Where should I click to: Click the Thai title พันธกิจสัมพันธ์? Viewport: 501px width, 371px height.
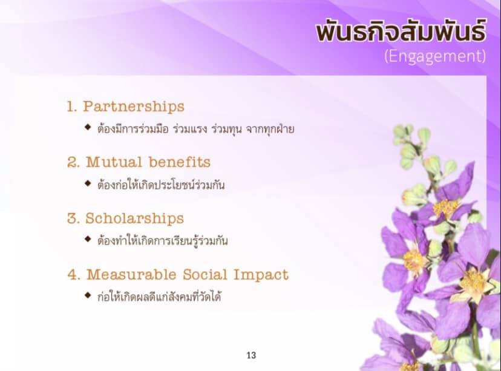(401, 30)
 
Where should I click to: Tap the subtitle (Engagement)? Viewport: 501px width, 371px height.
(435, 56)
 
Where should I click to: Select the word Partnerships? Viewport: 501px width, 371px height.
(134, 107)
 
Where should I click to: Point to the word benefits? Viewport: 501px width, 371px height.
(180, 162)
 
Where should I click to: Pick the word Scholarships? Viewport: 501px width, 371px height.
(134, 218)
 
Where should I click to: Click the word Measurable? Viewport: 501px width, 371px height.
(131, 275)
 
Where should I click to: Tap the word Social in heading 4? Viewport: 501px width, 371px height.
(205, 275)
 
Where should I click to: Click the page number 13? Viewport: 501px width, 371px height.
(251, 355)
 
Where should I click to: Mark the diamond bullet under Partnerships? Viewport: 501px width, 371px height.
(88, 127)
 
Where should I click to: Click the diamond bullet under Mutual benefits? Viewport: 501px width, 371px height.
(88, 183)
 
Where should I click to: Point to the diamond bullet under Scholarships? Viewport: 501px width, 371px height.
(88, 239)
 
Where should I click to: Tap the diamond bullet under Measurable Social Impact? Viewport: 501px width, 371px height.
(88, 295)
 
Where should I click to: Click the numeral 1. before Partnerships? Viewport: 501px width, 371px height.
(71, 107)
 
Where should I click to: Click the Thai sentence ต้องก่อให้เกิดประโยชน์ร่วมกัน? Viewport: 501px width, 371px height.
(161, 185)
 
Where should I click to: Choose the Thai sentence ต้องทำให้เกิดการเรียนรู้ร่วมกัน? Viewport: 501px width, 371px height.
(163, 241)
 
